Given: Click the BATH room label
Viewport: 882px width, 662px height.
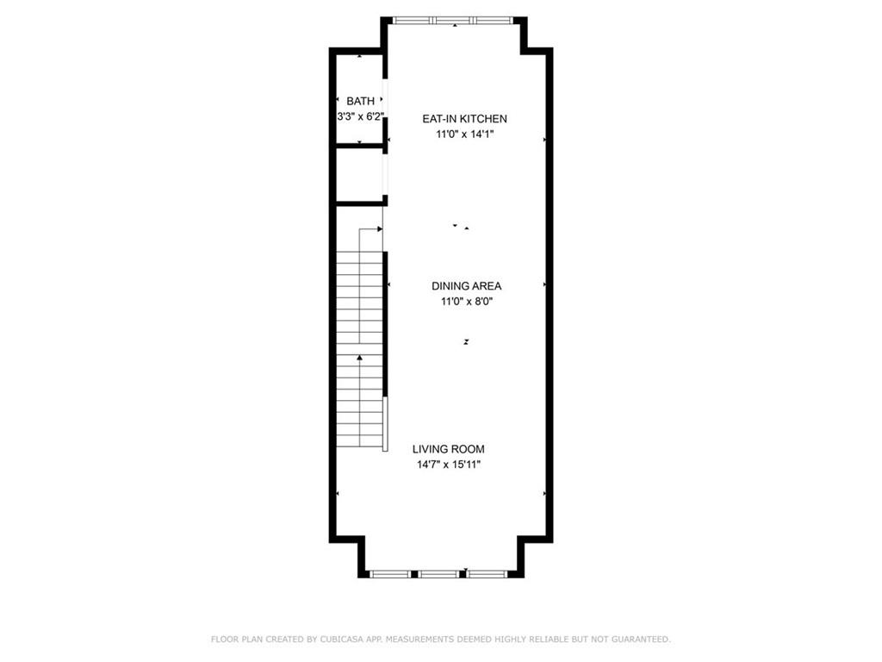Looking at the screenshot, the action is point(360,102).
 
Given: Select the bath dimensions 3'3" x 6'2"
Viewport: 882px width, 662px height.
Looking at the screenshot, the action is point(361,117).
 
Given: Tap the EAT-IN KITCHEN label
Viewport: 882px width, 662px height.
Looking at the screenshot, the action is point(464,119).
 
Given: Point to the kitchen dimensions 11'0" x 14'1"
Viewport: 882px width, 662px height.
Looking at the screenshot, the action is point(464,134).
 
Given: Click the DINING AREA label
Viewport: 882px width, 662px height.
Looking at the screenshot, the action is point(466,286).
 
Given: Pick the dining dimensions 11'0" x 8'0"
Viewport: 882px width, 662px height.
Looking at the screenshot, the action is point(466,302).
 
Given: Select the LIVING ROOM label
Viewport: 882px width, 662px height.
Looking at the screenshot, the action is point(448,449).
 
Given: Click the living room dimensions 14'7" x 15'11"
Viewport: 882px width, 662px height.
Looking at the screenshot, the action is point(448,465).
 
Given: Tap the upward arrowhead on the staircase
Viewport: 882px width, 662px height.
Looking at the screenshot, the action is point(359,358).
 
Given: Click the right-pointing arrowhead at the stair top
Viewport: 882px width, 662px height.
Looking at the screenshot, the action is point(380,229).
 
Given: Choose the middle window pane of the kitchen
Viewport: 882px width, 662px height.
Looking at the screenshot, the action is point(455,21).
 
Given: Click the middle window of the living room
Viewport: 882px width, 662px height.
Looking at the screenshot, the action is point(438,574).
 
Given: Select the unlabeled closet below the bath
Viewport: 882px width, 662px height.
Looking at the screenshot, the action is point(360,174).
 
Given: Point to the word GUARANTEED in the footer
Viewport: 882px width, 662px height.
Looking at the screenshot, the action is point(641,640).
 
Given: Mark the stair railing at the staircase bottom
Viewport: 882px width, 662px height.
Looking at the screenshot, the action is point(385,424).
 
